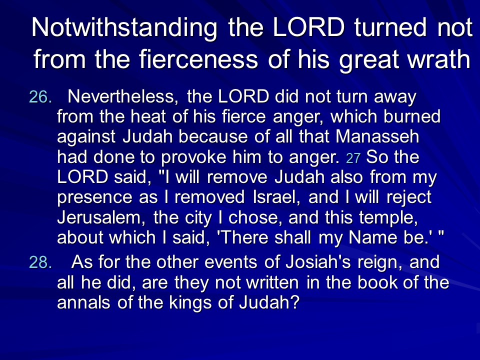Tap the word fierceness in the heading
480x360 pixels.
(x=198, y=59)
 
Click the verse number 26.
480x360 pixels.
(x=40, y=97)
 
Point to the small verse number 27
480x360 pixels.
(x=353, y=158)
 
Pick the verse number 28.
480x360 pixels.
(x=40, y=262)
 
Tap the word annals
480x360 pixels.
(x=83, y=302)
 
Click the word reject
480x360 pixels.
(x=409, y=198)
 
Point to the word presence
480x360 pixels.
(x=94, y=198)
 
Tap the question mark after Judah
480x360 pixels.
(x=294, y=302)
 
